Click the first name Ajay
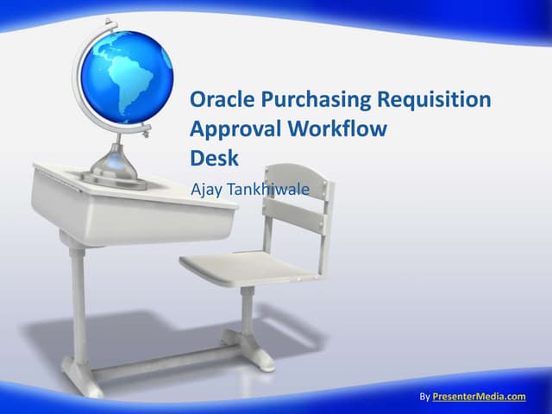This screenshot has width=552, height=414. point(205,189)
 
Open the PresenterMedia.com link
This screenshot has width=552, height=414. point(479,396)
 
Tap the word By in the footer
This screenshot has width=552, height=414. point(423,396)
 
